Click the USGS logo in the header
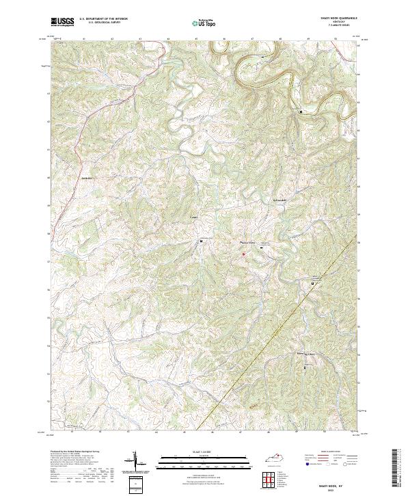[62, 23]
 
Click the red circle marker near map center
[243, 254]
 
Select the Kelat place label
[193, 220]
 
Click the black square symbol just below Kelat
[201, 241]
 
